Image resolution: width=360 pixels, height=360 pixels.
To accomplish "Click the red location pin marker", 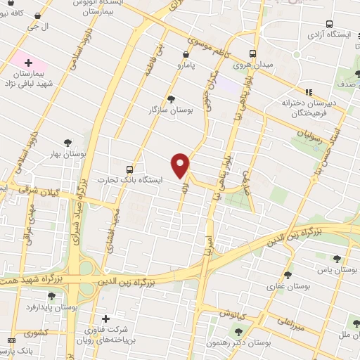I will pos(181,165).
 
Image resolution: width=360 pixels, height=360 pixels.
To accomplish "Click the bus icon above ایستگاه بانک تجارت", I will pos(129,169).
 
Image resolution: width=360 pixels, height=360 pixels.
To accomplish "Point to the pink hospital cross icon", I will pos(29,63).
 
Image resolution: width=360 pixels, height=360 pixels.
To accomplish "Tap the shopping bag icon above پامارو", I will pos(185,54).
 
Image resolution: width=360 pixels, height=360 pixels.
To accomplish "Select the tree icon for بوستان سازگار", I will pos(171,99).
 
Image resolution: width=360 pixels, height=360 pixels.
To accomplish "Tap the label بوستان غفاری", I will pos(283,286).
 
